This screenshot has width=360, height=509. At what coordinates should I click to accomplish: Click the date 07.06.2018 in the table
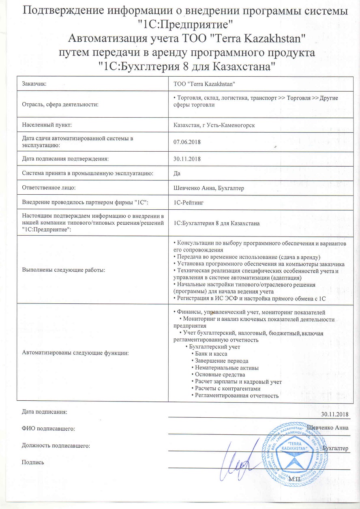tap(187, 142)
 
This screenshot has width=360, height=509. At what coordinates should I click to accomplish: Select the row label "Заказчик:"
tap(34, 84)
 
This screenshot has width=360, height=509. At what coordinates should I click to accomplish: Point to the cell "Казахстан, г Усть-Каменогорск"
tap(214, 125)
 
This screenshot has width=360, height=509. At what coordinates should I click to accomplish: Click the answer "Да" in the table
tap(177, 173)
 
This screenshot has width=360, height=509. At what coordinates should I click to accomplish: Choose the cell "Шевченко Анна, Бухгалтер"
tap(208, 187)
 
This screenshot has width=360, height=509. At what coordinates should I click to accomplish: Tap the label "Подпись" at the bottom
tap(33, 462)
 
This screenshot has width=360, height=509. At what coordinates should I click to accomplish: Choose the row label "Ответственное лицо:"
tap(49, 187)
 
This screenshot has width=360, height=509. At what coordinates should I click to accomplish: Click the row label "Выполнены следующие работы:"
tap(64, 271)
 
